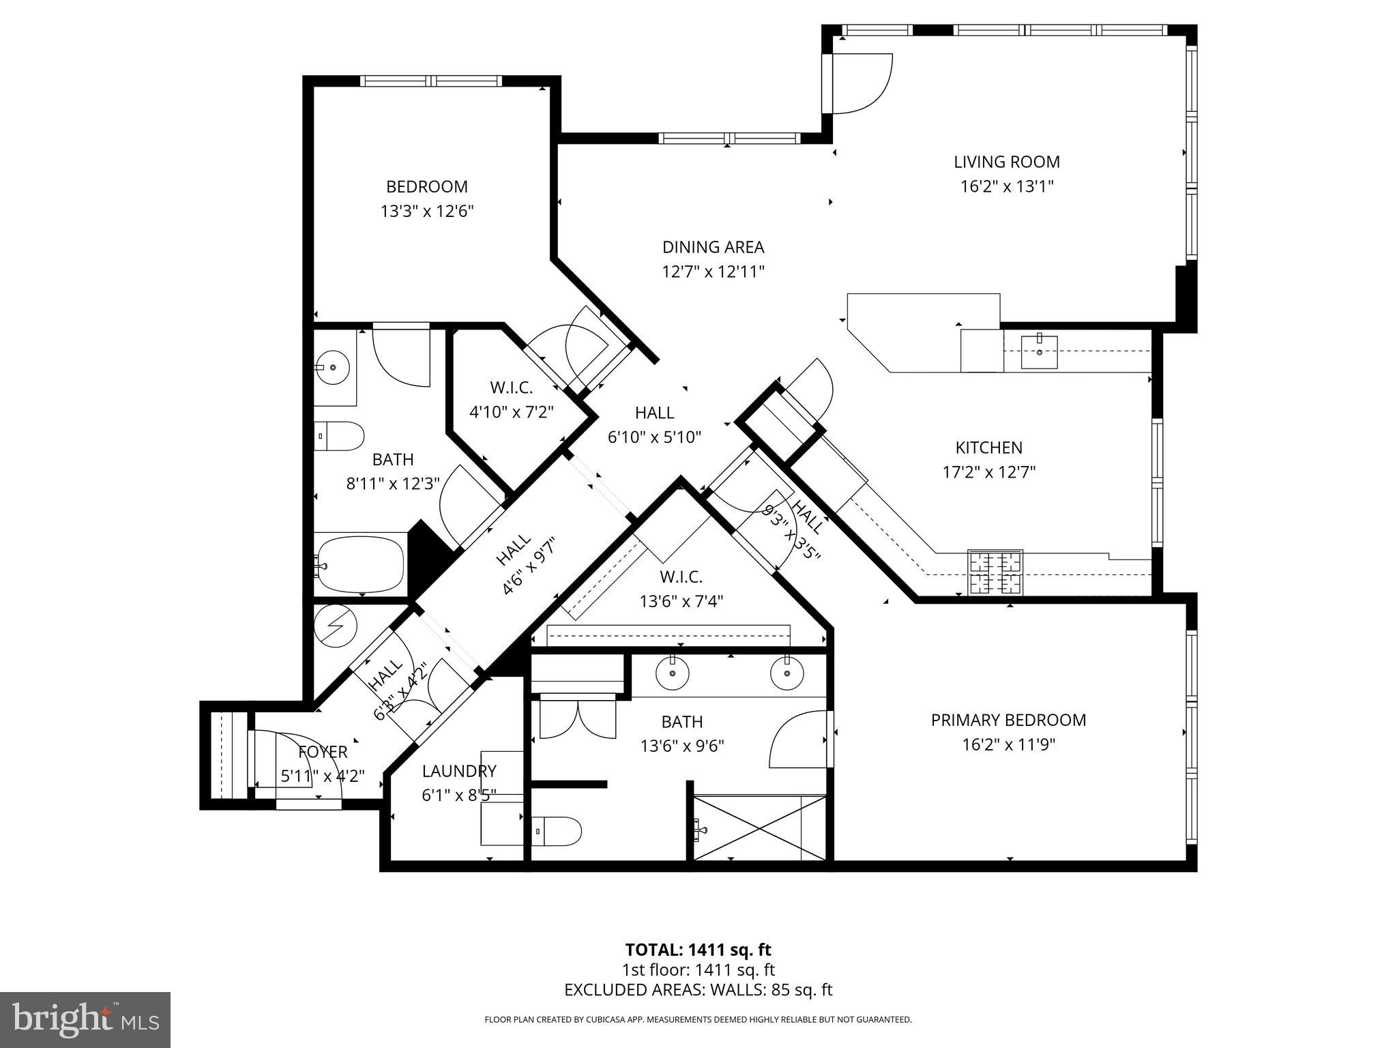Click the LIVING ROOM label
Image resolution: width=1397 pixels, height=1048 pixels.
pos(1006,162)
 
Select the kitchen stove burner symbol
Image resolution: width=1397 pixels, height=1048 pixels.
pos(995,572)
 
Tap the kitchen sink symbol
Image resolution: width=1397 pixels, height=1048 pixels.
pos(1039,351)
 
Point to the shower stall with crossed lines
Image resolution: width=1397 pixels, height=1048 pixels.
pos(760,828)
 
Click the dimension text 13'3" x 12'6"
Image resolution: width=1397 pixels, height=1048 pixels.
pos(427,211)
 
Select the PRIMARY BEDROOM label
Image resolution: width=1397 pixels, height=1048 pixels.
pos(1008,720)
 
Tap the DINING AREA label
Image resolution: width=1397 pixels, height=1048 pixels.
pos(713,247)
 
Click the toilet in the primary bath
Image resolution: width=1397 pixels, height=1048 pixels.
pos(557,832)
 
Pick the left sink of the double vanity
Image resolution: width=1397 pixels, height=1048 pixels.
pos(672,673)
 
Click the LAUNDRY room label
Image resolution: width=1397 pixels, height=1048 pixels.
pos(459,771)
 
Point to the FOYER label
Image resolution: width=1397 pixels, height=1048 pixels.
pos(323,752)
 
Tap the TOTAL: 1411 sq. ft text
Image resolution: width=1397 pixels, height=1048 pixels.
pos(698,950)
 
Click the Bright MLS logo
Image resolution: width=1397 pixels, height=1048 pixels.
pos(85,1019)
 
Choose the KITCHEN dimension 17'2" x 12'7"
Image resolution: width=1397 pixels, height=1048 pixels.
pos(989,472)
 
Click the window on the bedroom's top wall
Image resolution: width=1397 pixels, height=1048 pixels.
pos(431,81)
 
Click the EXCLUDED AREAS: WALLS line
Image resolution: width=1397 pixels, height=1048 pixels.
pos(698,990)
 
